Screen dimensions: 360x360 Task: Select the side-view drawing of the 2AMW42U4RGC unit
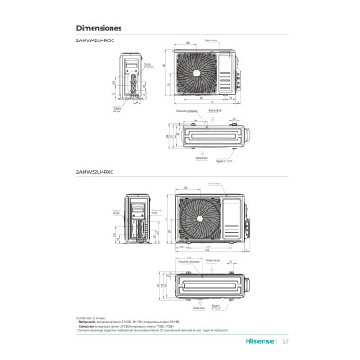coord(134,79)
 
